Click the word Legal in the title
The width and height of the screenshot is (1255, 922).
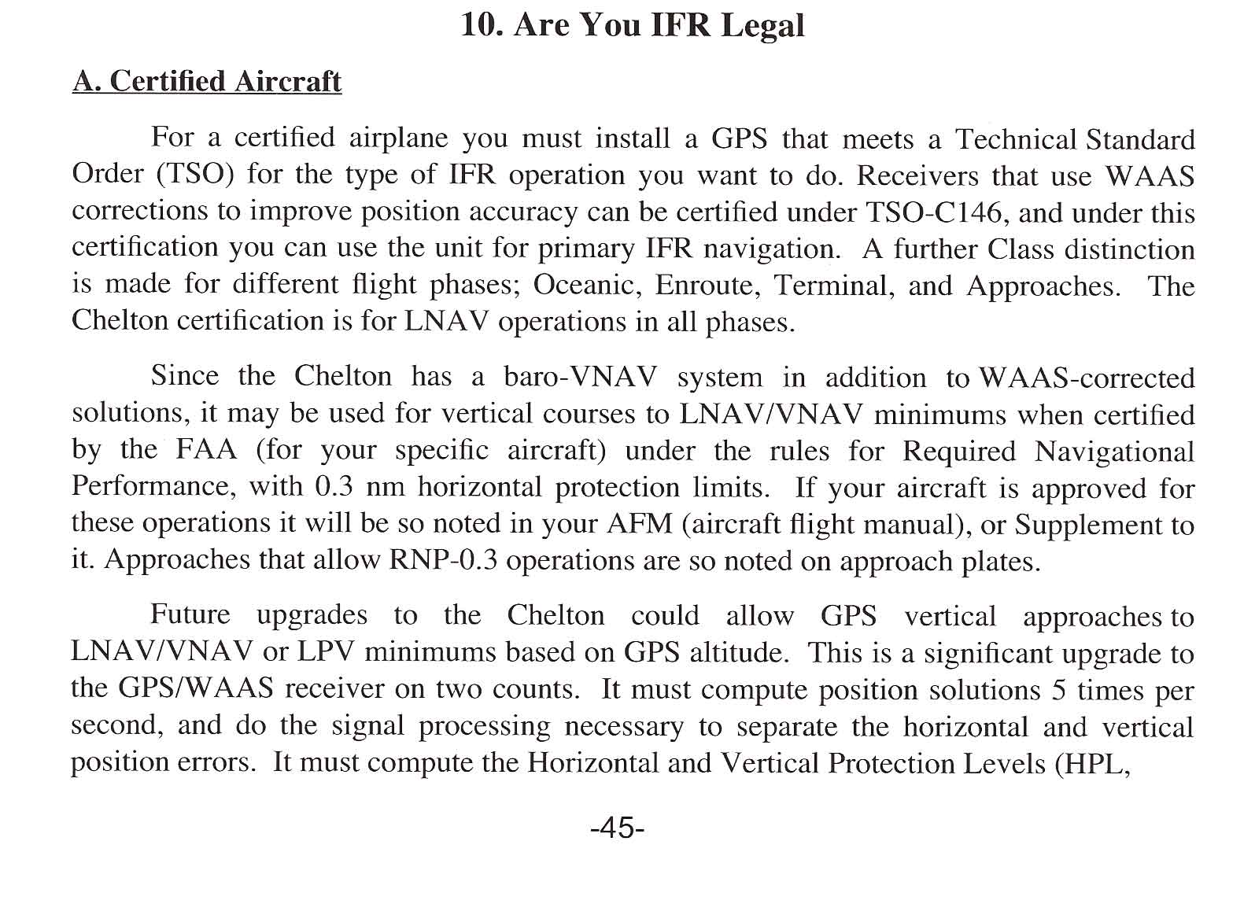pos(762,25)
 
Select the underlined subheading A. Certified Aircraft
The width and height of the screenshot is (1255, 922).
pos(207,81)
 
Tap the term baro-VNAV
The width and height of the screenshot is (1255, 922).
pos(581,377)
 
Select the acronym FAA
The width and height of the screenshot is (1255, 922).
pos(207,450)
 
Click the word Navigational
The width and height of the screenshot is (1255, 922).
pos(1114,452)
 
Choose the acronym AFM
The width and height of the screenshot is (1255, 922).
pos(640,524)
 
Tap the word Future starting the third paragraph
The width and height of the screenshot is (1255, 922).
pos(190,614)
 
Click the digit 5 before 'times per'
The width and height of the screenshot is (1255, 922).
pos(1058,690)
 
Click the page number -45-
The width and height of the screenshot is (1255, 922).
pos(618,828)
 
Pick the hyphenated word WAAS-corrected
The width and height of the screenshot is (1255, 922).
pos(1087,378)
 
